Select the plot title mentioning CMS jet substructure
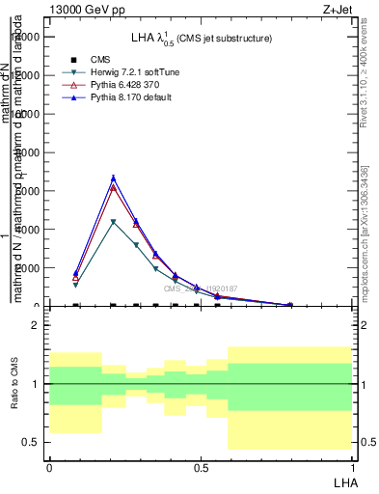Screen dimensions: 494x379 point(202,38)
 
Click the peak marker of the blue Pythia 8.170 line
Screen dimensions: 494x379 point(114,178)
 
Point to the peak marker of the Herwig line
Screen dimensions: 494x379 point(114,222)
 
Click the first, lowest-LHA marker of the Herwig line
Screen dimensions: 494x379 point(75,285)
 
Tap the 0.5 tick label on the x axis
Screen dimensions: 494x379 point(201,467)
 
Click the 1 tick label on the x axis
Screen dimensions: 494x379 point(353,467)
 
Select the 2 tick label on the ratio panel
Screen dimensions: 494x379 point(36,326)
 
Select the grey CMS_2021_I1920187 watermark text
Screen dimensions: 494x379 point(200,288)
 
